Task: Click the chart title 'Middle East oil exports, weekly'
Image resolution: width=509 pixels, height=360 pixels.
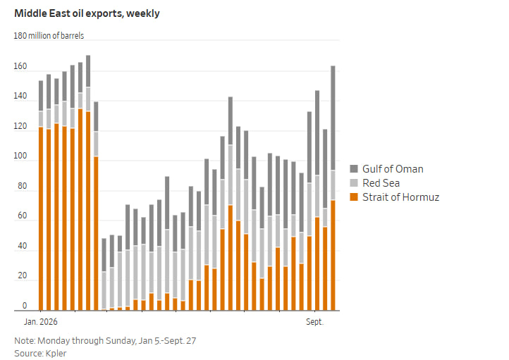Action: (87, 13)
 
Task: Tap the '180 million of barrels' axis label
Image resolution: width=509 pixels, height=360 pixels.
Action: (49, 36)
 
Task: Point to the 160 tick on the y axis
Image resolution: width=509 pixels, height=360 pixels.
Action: (20, 66)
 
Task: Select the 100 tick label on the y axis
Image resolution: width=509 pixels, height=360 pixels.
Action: (20, 156)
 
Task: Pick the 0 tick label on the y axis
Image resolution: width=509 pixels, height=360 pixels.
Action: (25, 306)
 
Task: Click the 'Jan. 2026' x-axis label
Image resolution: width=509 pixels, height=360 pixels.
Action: (41, 322)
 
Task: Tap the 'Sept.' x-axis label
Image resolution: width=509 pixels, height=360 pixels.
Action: (315, 322)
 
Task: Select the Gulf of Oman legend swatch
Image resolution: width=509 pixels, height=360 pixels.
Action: (354, 168)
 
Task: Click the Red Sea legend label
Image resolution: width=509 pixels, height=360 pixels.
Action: (381, 183)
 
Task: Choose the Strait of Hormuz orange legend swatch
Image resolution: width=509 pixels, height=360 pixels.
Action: (354, 197)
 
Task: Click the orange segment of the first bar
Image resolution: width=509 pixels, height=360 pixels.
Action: (41, 219)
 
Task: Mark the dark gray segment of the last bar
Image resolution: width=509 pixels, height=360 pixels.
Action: (333, 118)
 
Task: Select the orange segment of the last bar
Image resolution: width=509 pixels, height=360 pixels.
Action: (333, 256)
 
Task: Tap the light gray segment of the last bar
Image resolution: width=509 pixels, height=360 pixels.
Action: (333, 185)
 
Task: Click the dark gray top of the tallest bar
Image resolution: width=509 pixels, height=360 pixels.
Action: (88, 71)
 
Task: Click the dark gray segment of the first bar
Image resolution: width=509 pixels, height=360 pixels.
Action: (41, 96)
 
